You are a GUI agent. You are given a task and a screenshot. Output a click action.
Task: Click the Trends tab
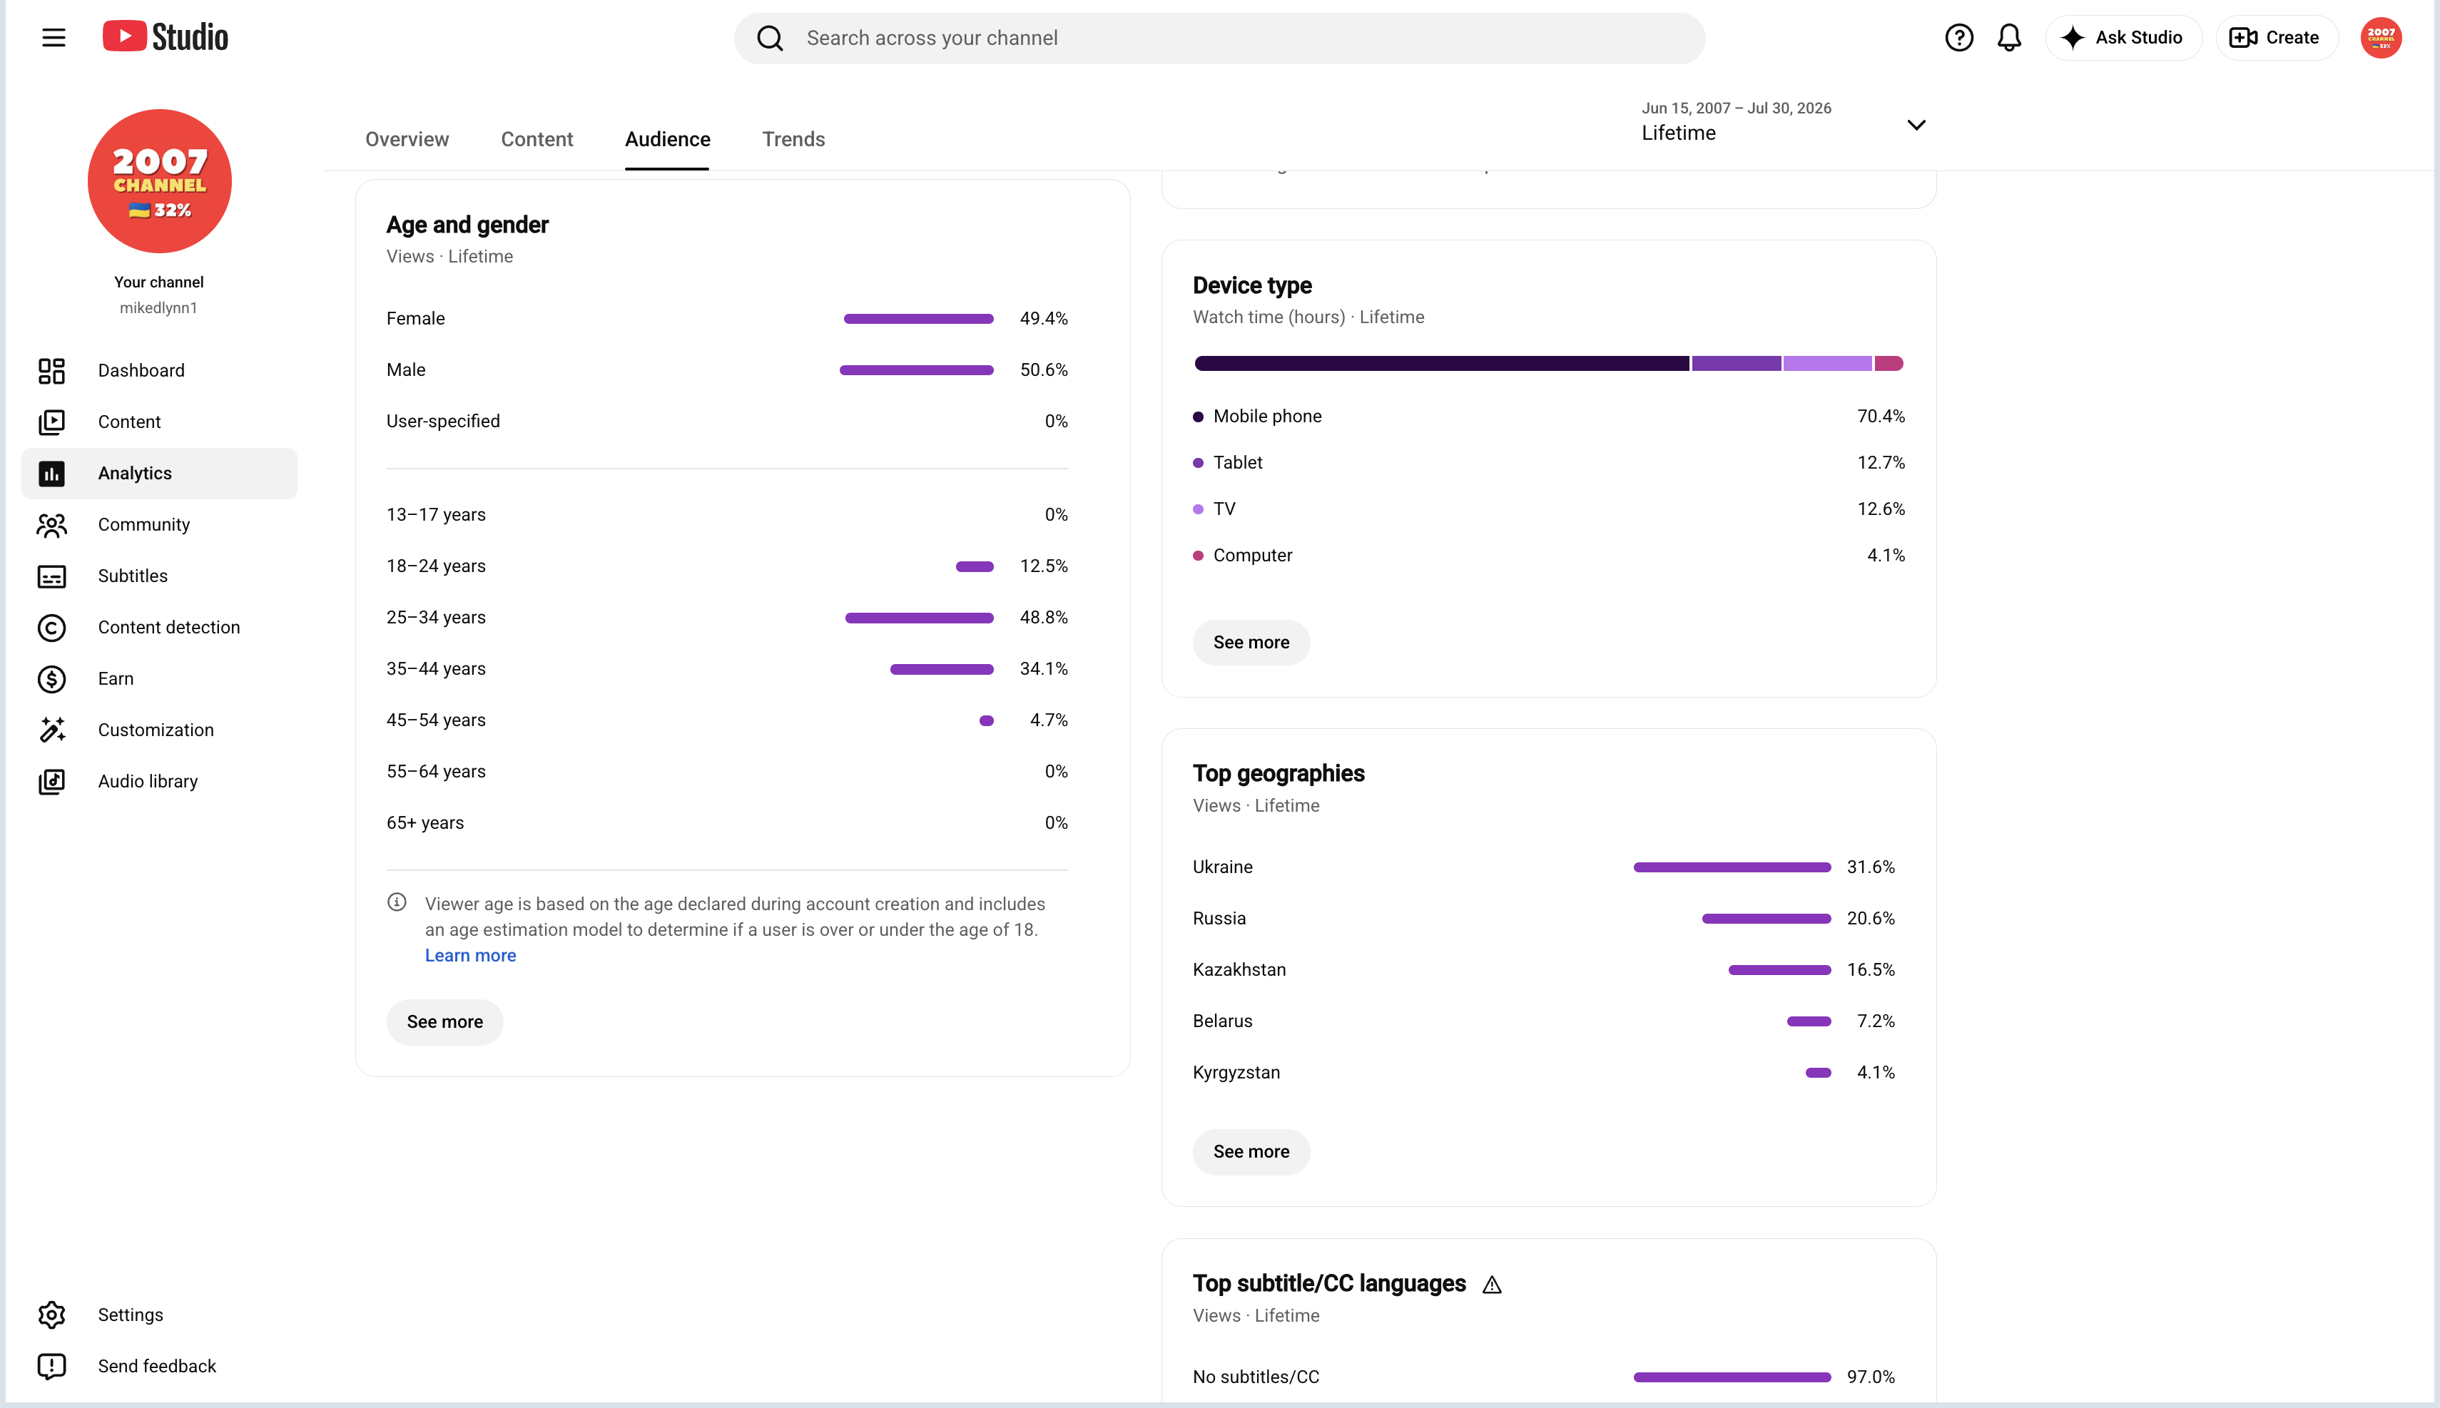point(793,139)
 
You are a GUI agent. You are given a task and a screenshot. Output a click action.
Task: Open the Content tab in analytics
point(537,139)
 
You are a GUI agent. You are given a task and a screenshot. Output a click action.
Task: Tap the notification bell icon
point(2008,38)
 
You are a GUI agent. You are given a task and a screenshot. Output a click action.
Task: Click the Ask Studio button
point(2123,38)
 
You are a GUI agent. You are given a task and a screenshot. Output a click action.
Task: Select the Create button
point(2276,38)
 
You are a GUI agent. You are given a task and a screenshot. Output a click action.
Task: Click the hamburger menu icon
point(54,38)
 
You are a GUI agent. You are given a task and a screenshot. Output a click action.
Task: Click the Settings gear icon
point(51,1314)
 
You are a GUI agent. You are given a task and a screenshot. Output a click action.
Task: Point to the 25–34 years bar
point(919,617)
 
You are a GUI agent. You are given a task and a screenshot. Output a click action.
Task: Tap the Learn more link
point(470,956)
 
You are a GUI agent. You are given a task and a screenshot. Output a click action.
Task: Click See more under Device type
point(1251,642)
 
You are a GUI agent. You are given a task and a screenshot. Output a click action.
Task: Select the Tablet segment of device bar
point(1736,364)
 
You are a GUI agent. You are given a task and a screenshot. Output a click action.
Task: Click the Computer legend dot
point(1199,555)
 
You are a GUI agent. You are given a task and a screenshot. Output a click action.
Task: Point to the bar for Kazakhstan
point(1779,969)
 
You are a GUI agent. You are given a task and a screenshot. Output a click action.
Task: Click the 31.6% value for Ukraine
point(1871,867)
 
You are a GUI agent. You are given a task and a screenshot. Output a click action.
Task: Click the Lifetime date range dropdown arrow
point(1916,125)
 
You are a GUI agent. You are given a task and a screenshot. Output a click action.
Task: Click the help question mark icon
point(1958,38)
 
